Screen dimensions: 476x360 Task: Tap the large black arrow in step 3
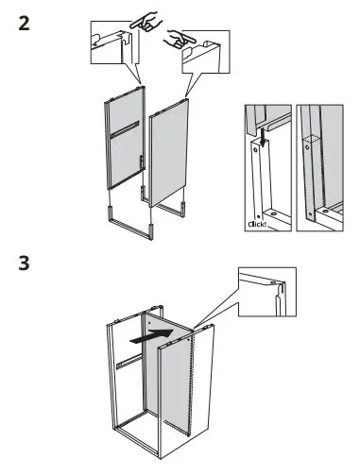click(152, 332)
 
